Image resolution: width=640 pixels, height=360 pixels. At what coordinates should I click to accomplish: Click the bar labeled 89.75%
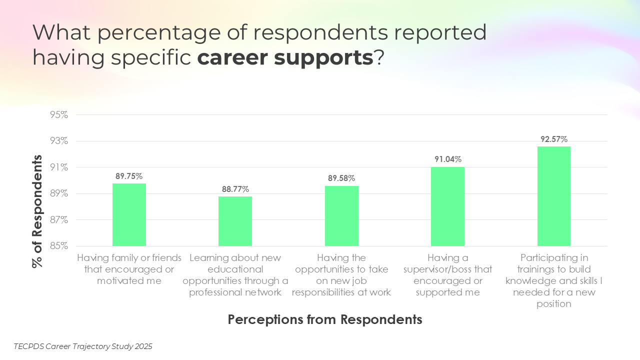129,215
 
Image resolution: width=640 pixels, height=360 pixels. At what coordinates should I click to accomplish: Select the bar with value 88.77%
235,221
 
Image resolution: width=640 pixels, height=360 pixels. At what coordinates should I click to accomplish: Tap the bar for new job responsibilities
341,216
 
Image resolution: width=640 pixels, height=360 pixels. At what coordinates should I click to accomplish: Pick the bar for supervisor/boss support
447,206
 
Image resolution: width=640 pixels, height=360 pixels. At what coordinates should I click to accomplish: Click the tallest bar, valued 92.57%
554,196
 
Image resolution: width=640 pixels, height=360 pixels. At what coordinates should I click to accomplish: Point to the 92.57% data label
554,139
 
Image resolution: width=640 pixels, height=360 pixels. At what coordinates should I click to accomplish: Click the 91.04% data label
447,159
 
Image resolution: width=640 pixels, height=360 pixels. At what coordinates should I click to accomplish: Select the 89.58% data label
341,178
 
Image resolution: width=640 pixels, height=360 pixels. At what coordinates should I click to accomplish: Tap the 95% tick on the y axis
58,115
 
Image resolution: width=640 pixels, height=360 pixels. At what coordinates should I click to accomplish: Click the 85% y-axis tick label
58,246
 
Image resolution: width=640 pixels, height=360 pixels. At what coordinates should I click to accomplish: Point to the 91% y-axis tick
58,167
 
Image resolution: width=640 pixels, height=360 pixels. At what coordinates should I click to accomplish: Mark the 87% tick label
58,220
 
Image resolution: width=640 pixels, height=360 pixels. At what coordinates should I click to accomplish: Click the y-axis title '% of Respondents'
37,211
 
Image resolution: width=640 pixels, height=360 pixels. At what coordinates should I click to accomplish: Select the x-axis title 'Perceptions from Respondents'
325,319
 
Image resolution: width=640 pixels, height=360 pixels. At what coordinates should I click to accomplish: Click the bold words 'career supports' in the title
285,58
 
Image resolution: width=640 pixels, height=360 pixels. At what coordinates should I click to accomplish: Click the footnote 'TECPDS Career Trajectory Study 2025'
83,346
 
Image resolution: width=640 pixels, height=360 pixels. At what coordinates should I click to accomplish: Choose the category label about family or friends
129,269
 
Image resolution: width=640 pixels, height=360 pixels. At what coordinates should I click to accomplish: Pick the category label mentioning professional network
235,275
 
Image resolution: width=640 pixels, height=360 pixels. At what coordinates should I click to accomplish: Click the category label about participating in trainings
554,280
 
